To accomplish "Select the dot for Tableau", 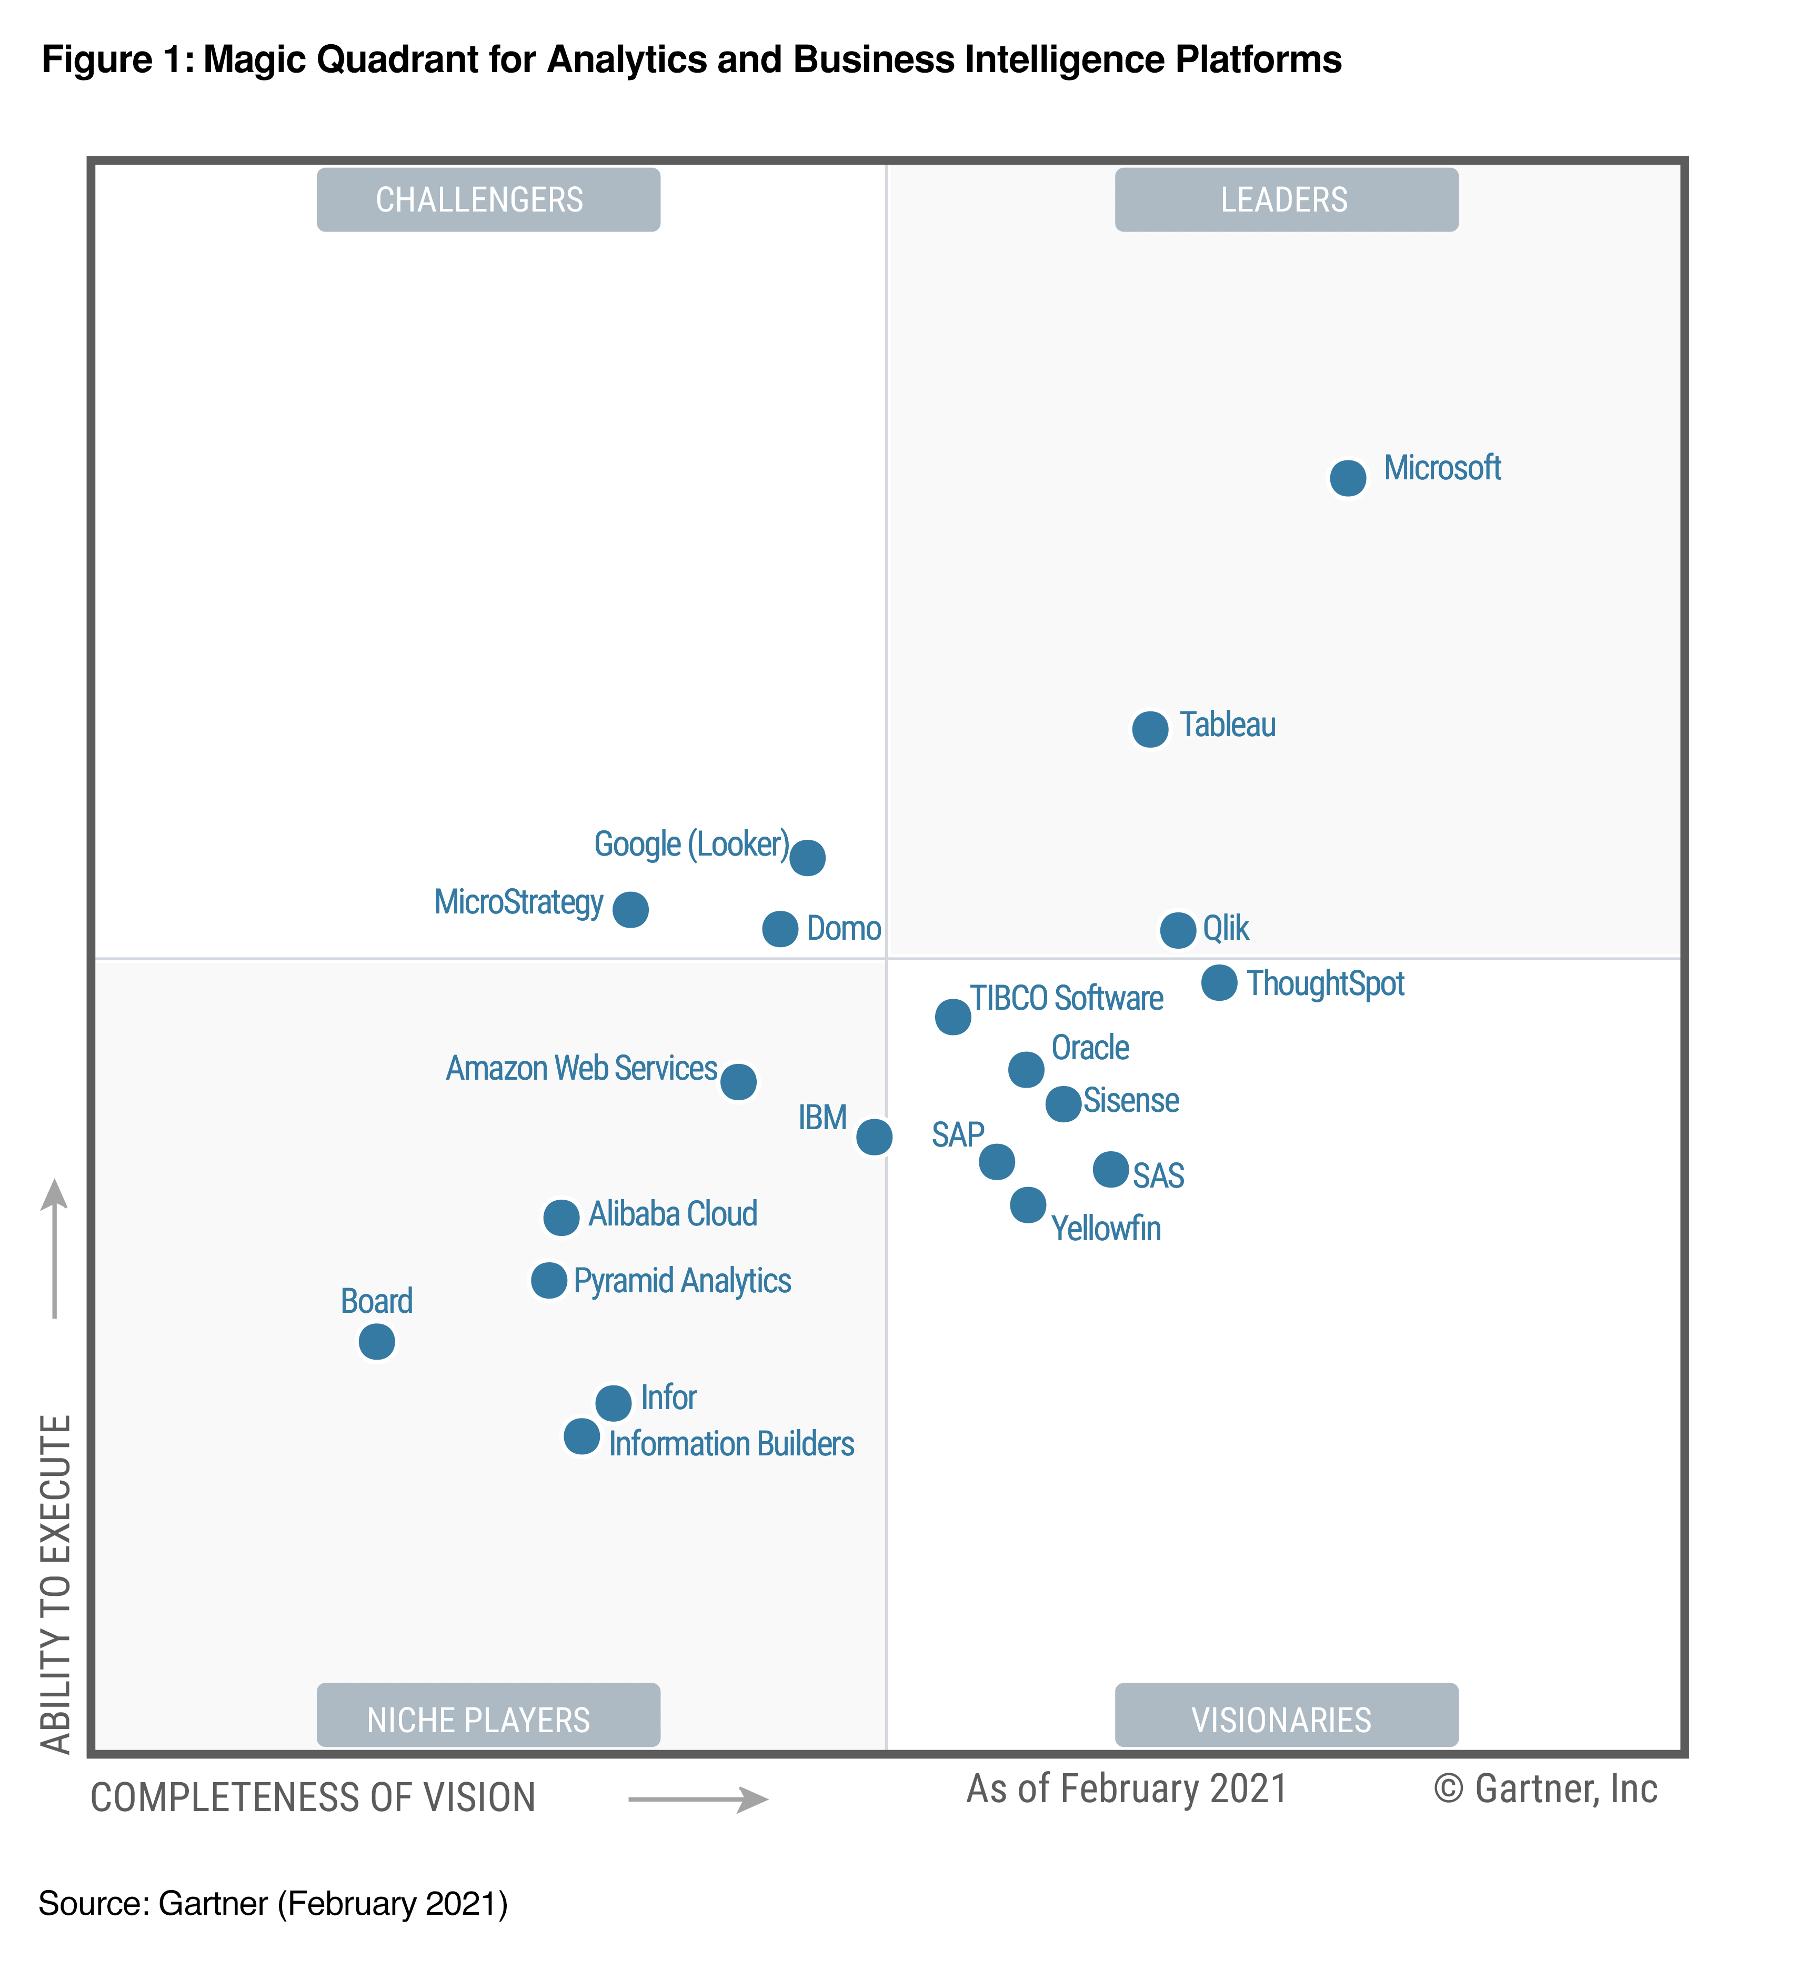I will click(x=1150, y=728).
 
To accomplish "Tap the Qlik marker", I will click(x=1178, y=929).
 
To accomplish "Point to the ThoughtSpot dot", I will click(x=1219, y=982).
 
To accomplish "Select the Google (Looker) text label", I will click(x=691, y=845).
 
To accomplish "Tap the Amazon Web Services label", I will click(x=581, y=1068).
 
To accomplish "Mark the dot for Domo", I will click(x=780, y=928).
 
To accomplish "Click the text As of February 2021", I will click(x=1127, y=1789).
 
